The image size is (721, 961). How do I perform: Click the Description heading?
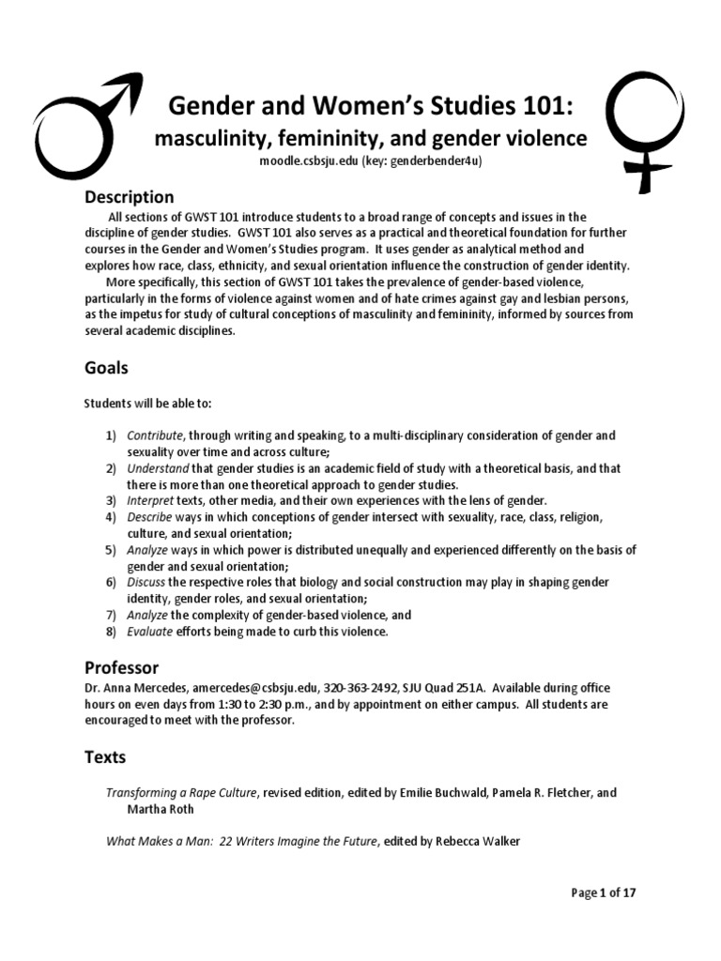130,197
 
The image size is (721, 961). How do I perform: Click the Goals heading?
106,368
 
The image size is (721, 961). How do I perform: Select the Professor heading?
122,668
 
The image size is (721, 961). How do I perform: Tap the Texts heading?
105,756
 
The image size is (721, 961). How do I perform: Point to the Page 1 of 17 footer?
604,892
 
